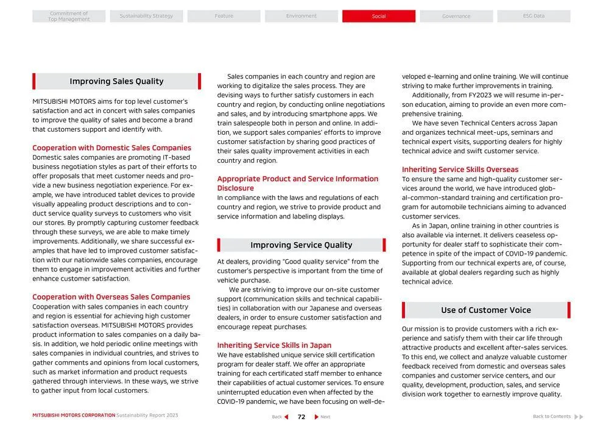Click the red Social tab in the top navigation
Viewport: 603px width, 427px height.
[x=378, y=16]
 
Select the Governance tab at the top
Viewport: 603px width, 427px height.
[x=456, y=16]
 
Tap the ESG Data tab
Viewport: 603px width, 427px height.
[x=534, y=16]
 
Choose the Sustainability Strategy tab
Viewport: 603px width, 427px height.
[x=146, y=16]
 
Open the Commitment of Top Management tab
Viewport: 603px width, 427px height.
[x=69, y=16]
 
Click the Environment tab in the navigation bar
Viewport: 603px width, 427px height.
[x=301, y=16]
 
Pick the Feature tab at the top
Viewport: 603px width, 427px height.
[x=224, y=16]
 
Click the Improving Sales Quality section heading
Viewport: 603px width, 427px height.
[x=116, y=81]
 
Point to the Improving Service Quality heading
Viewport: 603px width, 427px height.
[x=301, y=245]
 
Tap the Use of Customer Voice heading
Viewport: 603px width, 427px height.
[x=485, y=310]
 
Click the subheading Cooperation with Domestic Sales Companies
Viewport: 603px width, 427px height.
[x=111, y=148]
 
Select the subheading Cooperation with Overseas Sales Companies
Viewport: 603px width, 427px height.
[x=111, y=297]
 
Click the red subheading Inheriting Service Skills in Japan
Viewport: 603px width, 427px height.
[x=274, y=345]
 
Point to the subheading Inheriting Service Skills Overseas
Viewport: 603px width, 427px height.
[x=460, y=170]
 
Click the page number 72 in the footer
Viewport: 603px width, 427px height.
[x=301, y=417]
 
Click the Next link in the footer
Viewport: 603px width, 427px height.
[x=322, y=417]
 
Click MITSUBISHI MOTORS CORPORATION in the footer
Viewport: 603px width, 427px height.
[x=74, y=415]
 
